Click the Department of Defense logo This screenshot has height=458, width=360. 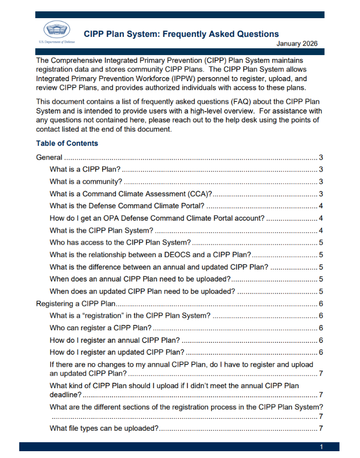[x=57, y=31]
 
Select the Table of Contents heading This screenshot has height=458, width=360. [x=66, y=143]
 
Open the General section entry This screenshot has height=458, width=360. [x=49, y=158]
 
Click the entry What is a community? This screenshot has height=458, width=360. [x=86, y=182]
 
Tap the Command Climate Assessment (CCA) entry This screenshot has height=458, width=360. [x=131, y=194]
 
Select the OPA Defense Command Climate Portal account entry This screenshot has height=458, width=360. [x=157, y=218]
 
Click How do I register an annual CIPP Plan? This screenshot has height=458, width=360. [x=115, y=340]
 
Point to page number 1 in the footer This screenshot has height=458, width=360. [x=321, y=447]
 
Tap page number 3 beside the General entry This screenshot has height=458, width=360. [x=321, y=158]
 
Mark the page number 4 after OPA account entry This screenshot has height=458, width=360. [x=321, y=218]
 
